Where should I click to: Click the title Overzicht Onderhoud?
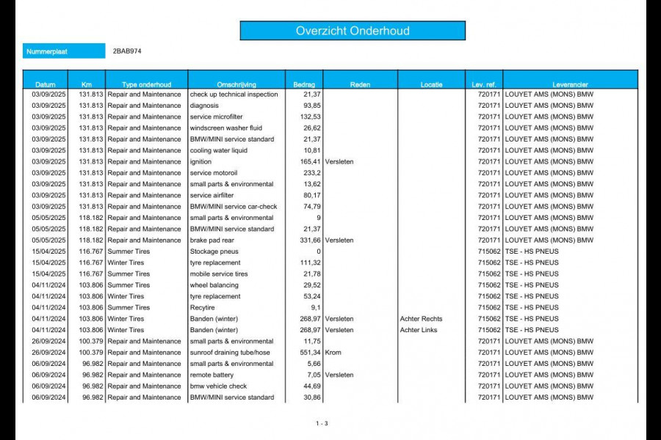[x=353, y=31]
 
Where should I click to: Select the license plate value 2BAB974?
[x=127, y=52]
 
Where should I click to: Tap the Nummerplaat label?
[x=46, y=52]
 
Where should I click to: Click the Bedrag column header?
[x=303, y=84]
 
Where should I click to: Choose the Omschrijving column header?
[x=236, y=84]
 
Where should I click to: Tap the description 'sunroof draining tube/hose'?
[x=230, y=353]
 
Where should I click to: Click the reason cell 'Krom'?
[x=333, y=353]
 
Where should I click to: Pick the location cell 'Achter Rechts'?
[x=421, y=319]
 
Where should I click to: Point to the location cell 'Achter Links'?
[x=419, y=330]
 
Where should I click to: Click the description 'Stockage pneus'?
[x=214, y=252]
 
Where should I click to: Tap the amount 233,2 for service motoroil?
[x=311, y=173]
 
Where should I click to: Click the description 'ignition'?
[x=201, y=162]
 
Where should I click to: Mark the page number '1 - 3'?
[x=322, y=423]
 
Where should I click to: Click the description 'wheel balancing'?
[x=214, y=285]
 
